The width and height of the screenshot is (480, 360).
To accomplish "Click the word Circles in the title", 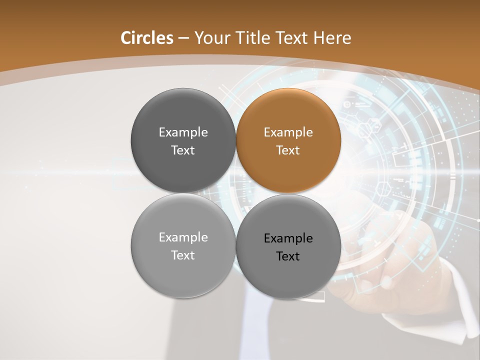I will (x=147, y=38).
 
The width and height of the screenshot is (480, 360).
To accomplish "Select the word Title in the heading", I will (x=254, y=38).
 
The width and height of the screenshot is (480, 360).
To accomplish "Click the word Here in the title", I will (x=332, y=38).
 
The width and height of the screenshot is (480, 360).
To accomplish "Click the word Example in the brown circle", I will (x=288, y=132).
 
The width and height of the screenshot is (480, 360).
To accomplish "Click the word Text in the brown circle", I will (x=288, y=150).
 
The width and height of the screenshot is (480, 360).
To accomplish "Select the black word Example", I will (x=288, y=238).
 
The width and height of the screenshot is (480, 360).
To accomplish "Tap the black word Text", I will (x=288, y=256).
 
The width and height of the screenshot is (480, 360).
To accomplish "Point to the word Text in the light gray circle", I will (x=183, y=255).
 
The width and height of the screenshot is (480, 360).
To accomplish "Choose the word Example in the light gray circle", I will (x=183, y=237).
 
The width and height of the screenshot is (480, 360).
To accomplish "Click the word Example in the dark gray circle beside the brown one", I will (x=183, y=132).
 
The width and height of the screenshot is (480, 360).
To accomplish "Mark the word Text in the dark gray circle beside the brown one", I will (x=183, y=150).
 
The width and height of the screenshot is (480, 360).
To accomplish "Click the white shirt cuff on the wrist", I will (x=462, y=295).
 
